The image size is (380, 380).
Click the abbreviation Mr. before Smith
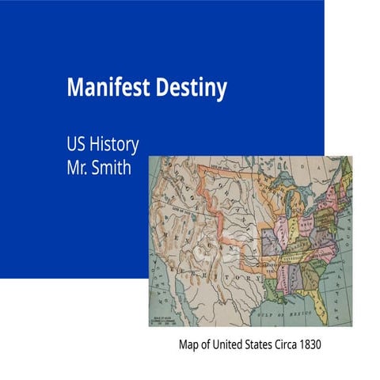click(79, 168)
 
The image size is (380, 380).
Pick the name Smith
click(114, 168)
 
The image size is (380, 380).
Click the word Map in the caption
click(188, 345)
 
